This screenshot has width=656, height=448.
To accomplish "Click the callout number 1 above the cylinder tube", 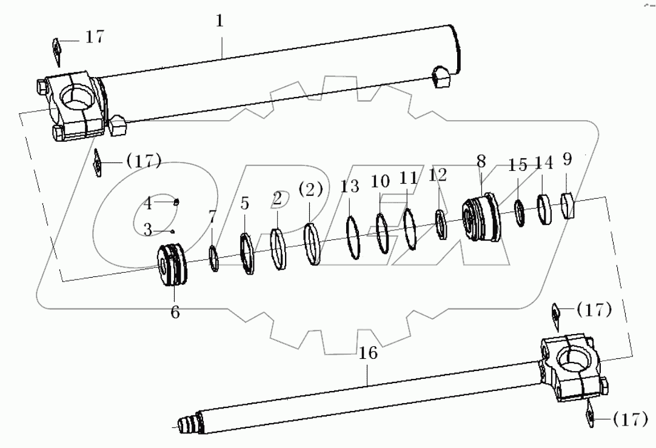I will pos(220,22).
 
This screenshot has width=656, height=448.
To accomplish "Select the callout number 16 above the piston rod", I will pos(368,353).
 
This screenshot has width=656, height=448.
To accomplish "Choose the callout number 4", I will pos(147,201).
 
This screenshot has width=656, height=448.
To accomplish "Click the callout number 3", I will pos(147,229).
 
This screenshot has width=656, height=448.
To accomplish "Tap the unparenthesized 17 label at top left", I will pos(94,36).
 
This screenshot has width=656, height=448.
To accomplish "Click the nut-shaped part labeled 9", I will pos(570,205).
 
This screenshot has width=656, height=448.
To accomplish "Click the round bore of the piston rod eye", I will pos(573,358).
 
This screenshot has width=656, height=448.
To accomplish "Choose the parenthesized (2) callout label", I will pos(311,189).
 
